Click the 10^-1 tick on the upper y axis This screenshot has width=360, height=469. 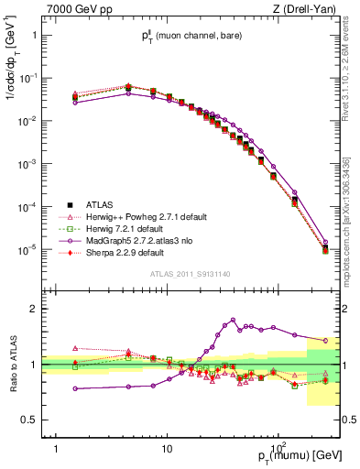[27, 78]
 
